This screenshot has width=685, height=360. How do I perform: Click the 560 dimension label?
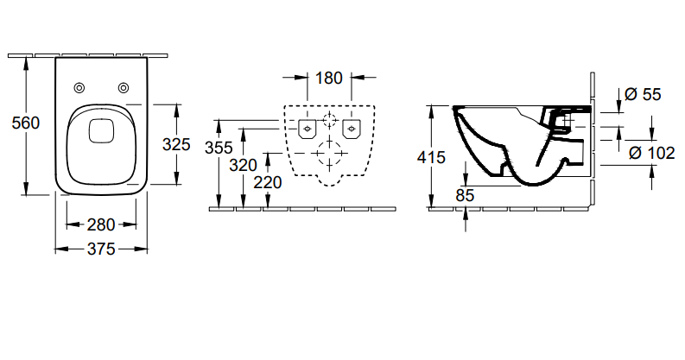tap(25, 123)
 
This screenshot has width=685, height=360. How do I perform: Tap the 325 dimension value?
tap(176, 144)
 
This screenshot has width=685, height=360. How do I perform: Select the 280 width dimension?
tap(101, 224)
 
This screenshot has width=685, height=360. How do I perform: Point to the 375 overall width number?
tap(101, 249)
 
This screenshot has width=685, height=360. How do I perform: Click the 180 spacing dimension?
tap(329, 78)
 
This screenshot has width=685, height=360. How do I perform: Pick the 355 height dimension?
tap(219, 148)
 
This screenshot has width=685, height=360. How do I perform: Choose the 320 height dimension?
tap(243, 166)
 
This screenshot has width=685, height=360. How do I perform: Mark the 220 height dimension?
tap(268, 182)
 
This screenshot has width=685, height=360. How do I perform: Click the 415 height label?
tap(431, 157)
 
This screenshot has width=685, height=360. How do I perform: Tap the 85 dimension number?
tap(465, 195)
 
